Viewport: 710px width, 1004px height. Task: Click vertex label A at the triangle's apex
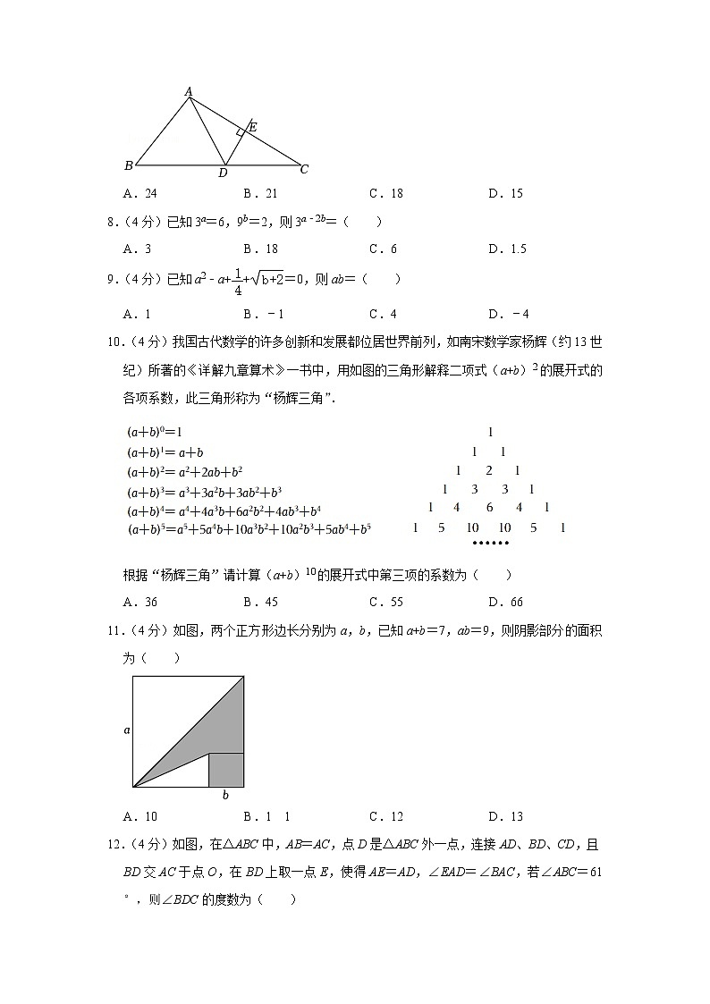coord(189,91)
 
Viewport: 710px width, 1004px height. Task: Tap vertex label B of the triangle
coord(129,165)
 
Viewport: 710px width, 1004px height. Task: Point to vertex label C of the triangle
coord(304,169)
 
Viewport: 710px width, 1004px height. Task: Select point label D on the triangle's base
coord(223,173)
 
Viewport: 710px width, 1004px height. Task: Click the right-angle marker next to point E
coord(241,132)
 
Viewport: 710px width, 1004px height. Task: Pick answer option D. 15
coord(505,194)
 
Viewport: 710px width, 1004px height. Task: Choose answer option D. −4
coord(509,314)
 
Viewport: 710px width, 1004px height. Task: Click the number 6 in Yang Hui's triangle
coord(489,508)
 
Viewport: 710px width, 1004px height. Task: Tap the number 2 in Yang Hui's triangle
coord(488,471)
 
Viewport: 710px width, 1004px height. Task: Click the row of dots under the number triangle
coord(489,543)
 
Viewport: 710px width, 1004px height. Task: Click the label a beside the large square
coord(126,730)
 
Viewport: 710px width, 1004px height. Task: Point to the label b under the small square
coord(225,795)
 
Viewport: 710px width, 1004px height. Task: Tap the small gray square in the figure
coord(226,770)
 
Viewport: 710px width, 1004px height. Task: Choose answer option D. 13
coord(505,816)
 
